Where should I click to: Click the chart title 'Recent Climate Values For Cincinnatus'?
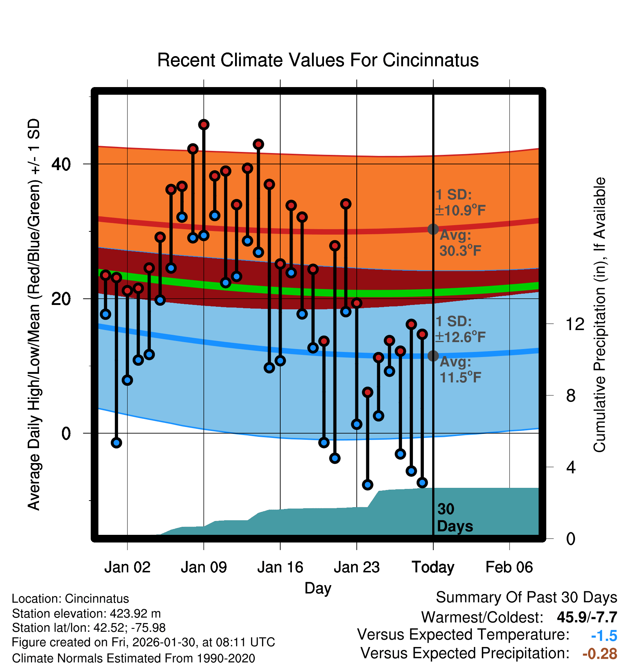point(318,60)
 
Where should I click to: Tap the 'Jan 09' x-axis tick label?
point(204,567)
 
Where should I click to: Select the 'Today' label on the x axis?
point(433,567)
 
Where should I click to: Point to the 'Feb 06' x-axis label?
point(509,567)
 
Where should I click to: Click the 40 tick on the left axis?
point(61,164)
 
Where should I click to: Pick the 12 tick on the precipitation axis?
point(575,324)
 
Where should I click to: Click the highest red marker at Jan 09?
point(204,125)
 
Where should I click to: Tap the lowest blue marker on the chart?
point(368,485)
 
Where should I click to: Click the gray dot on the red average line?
point(433,229)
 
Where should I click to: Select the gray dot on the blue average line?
point(433,356)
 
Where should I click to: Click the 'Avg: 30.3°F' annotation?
point(460,243)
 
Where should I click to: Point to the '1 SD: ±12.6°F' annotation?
point(460,329)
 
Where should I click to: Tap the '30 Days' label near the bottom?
point(454,518)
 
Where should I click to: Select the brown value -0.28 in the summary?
point(600,654)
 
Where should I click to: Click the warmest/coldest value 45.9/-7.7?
point(587,617)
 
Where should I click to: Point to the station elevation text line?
point(86,614)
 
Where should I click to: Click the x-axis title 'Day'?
point(318,588)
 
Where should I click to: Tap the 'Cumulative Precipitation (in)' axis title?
point(599,315)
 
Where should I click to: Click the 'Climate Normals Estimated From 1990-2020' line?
point(133,658)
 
